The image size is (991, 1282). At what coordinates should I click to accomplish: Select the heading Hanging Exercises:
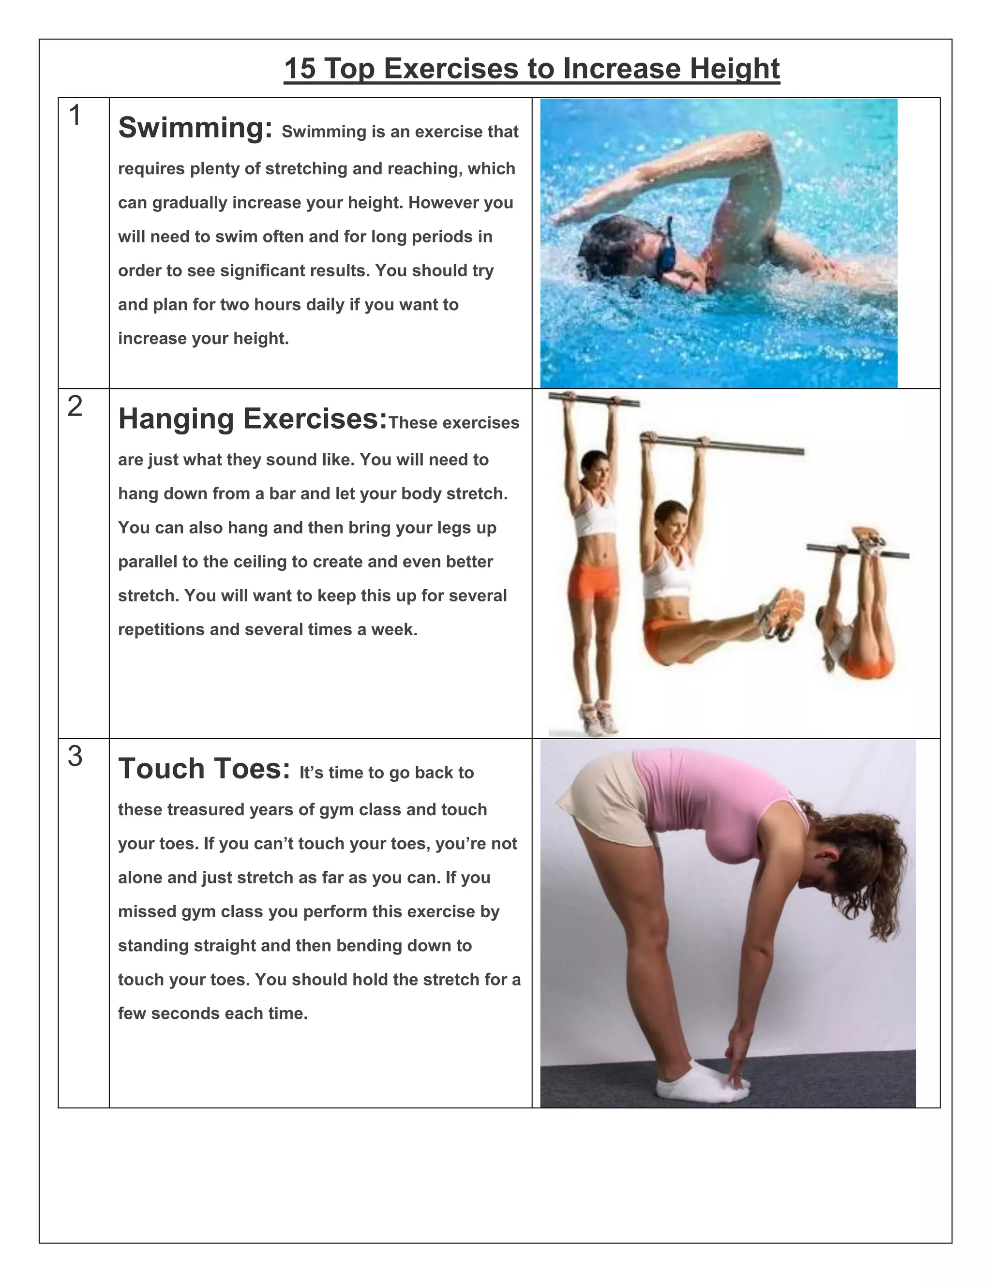[253, 418]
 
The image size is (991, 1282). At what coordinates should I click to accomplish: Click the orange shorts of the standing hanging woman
[593, 581]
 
